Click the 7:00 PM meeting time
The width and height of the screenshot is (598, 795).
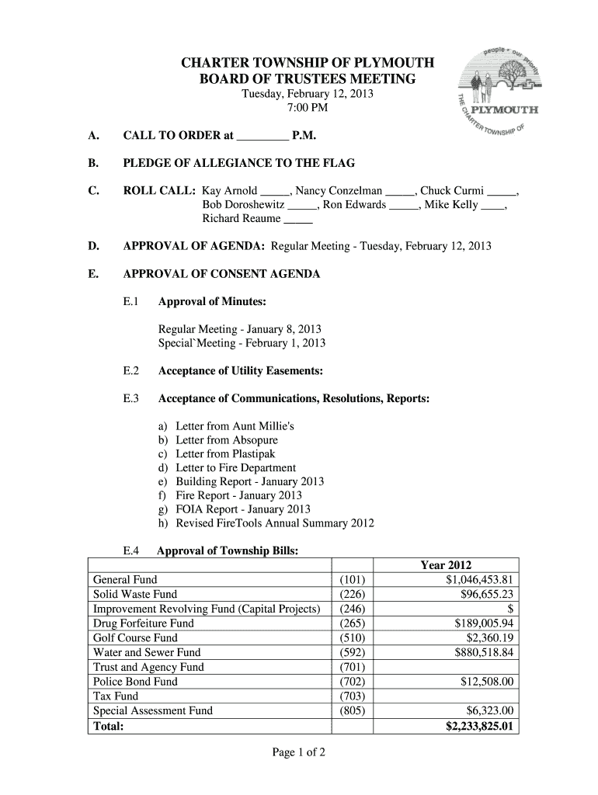[308, 108]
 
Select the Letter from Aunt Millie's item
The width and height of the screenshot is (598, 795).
[235, 426]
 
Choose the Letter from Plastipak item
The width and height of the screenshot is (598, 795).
[225, 453]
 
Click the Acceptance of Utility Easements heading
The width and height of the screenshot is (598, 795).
[241, 371]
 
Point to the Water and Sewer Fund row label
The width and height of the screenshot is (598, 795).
[147, 653]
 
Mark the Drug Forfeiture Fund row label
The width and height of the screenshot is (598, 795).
[144, 623]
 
